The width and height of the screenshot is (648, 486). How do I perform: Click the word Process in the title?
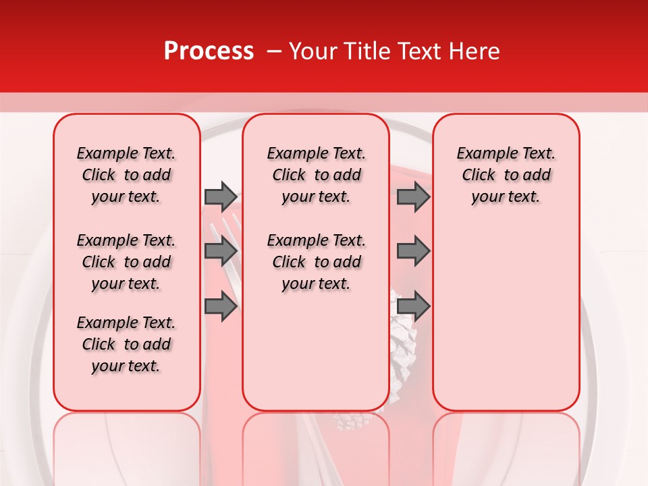pyautogui.click(x=209, y=51)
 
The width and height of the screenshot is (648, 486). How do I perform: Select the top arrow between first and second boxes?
pyautogui.click(x=221, y=196)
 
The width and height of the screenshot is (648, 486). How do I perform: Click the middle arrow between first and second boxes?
pyautogui.click(x=221, y=251)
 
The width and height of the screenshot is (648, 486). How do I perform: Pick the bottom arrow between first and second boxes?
pyautogui.click(x=221, y=306)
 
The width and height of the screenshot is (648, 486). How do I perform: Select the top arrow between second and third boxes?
pyautogui.click(x=413, y=196)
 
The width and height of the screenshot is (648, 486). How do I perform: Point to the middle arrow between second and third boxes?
pyautogui.click(x=413, y=251)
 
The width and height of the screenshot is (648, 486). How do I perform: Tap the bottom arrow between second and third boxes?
pyautogui.click(x=413, y=306)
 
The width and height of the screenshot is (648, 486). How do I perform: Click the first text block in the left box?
pyautogui.click(x=126, y=175)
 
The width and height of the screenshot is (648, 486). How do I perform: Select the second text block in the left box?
pyautogui.click(x=126, y=262)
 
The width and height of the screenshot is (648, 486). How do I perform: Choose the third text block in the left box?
pyautogui.click(x=126, y=344)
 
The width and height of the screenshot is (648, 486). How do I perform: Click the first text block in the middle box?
pyautogui.click(x=316, y=175)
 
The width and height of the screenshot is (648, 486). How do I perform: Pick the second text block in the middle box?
pyautogui.click(x=316, y=262)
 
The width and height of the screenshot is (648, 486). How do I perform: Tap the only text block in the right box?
pyautogui.click(x=506, y=175)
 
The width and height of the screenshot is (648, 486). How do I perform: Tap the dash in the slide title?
pyautogui.click(x=273, y=51)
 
